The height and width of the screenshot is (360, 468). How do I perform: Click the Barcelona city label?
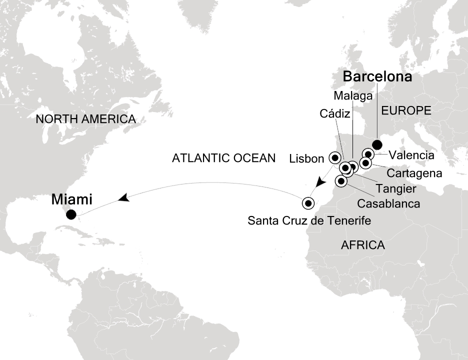[x=377, y=77]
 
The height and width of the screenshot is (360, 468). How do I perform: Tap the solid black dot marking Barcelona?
[x=377, y=145]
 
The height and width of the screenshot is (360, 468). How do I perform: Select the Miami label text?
[x=71, y=199]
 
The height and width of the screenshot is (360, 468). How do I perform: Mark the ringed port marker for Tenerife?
[x=308, y=203]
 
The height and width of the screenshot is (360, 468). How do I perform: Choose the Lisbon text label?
[x=306, y=159]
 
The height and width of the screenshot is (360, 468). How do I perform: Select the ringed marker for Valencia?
[x=368, y=154]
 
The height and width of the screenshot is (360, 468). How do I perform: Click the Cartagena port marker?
[x=366, y=163]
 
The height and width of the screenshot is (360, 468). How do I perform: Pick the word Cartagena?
[x=414, y=173]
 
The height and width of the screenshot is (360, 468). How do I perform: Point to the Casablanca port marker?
[x=341, y=180]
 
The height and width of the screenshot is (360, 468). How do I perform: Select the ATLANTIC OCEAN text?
[x=223, y=158]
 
